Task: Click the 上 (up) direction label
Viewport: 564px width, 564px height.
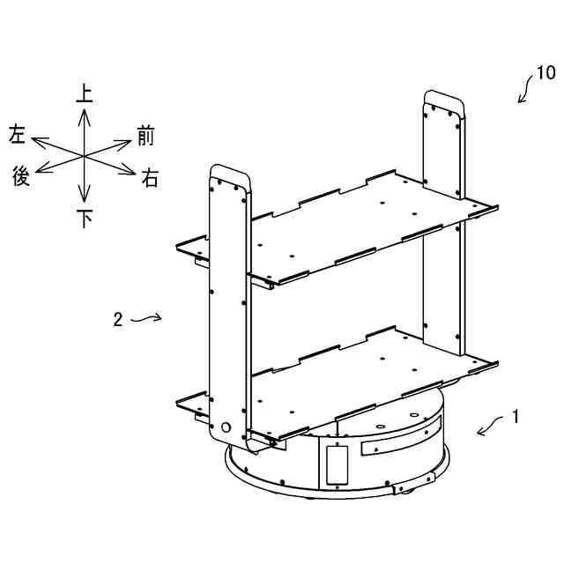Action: click(x=85, y=93)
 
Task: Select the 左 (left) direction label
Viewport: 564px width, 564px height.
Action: click(x=17, y=135)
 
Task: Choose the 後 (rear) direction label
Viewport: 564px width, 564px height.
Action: click(x=21, y=176)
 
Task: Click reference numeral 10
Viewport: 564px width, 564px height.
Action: click(x=545, y=72)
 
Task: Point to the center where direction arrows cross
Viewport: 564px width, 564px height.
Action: click(x=85, y=156)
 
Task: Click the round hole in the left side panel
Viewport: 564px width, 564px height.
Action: click(x=225, y=427)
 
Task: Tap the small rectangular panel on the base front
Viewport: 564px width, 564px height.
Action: click(x=338, y=464)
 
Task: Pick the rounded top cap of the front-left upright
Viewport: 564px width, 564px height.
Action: click(x=229, y=172)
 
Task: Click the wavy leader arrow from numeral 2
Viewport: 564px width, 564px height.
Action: click(x=146, y=320)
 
